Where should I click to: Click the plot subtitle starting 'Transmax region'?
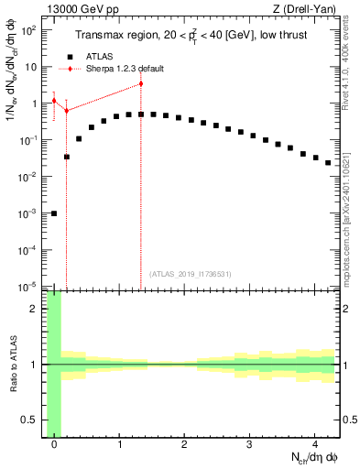192,36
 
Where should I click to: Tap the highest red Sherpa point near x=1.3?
140,83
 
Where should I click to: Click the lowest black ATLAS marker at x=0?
54,213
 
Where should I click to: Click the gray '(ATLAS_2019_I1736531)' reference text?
190,273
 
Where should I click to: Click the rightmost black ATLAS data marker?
327,162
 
